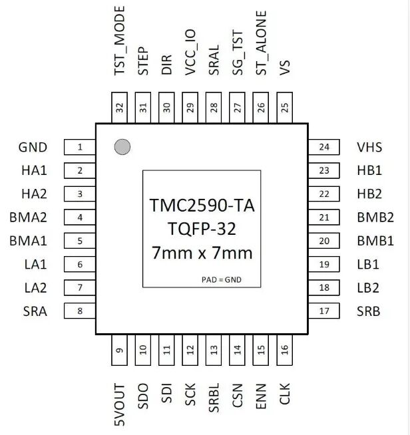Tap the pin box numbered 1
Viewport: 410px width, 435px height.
pyautogui.click(x=80, y=148)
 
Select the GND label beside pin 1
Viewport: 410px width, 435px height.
pyautogui.click(x=33, y=148)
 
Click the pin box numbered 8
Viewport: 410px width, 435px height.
pyautogui.click(x=80, y=311)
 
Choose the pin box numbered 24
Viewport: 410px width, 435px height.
pyautogui.click(x=324, y=148)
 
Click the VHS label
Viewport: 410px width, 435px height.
pyautogui.click(x=369, y=148)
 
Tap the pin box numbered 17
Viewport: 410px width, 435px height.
pyautogui.click(x=324, y=311)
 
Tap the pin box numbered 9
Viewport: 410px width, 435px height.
pyautogui.click(x=120, y=352)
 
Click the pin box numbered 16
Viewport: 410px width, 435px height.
pyautogui.click(x=285, y=352)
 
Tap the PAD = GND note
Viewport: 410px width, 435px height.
pyautogui.click(x=221, y=280)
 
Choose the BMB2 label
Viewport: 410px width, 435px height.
pyautogui.click(x=375, y=217)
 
